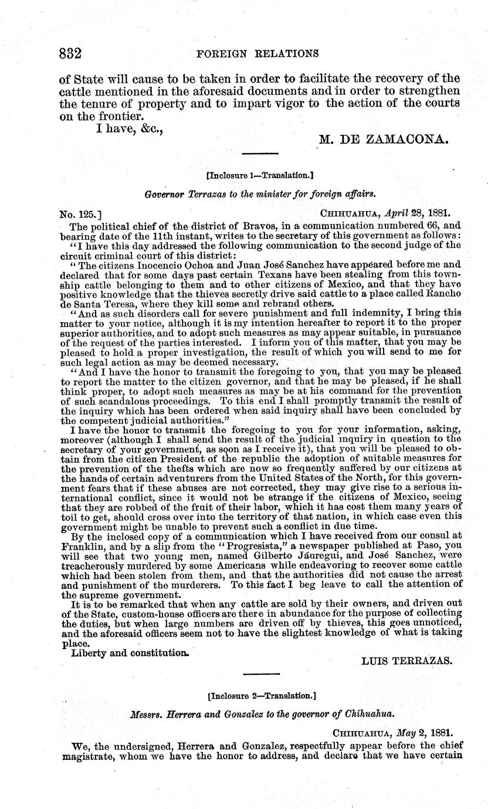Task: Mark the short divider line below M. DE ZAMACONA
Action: [x=258, y=155]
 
